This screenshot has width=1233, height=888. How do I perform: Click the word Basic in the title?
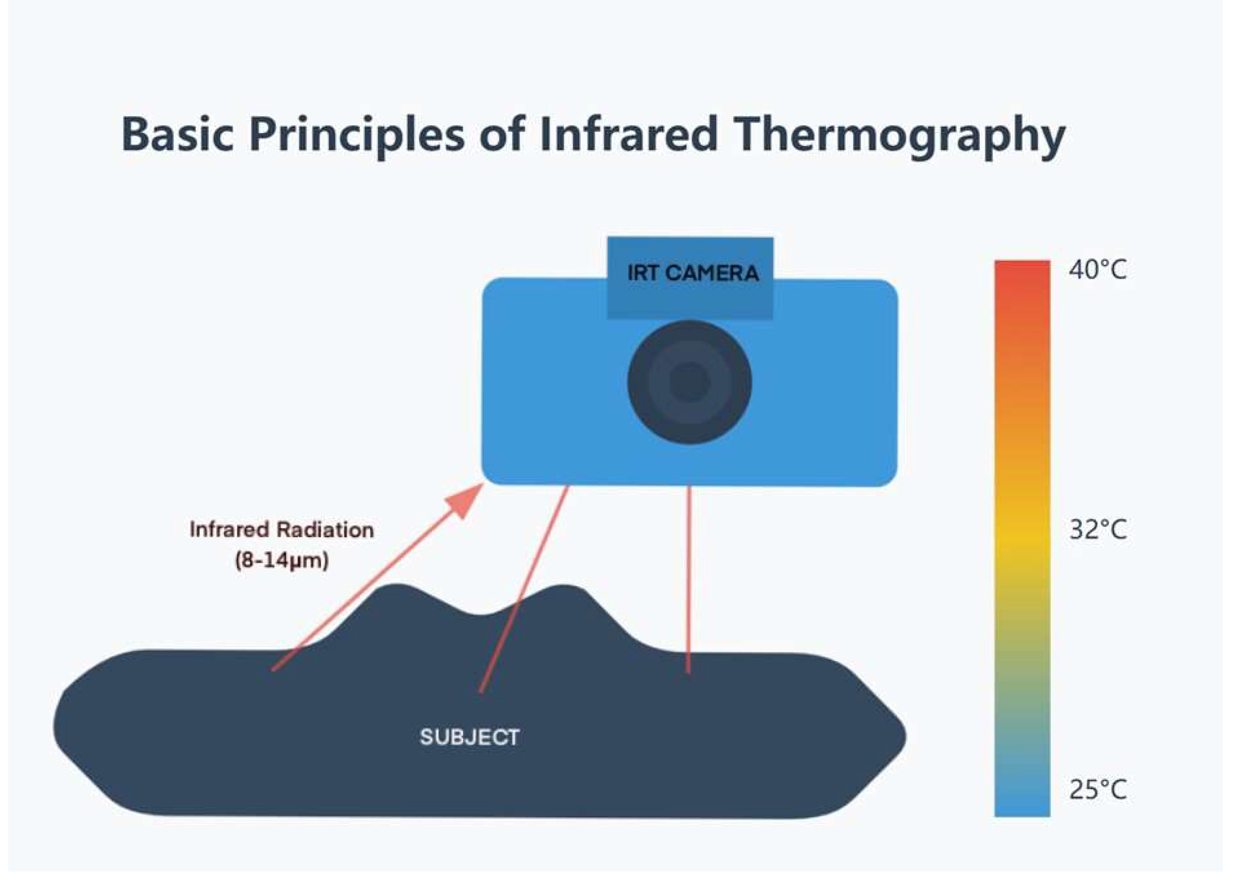[177, 134]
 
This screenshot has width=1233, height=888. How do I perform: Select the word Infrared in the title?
[628, 134]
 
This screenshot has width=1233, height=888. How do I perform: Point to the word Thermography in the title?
[899, 137]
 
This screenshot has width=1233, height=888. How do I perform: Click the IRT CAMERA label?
[693, 272]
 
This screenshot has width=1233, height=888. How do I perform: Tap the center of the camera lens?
[689, 382]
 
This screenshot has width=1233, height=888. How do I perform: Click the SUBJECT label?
[470, 737]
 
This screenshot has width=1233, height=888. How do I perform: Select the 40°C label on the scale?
[1097, 269]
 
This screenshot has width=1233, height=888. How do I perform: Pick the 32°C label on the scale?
[1097, 530]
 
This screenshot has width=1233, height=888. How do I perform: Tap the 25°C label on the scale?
[1097, 789]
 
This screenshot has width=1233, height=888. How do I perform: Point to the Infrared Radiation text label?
[282, 530]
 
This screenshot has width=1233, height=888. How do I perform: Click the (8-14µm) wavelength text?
[282, 560]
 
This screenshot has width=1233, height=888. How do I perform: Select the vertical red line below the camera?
[689, 580]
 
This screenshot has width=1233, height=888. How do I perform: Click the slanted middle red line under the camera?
[523, 589]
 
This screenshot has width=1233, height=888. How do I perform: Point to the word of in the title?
[501, 134]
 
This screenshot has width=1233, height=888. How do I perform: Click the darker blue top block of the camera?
[690, 278]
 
